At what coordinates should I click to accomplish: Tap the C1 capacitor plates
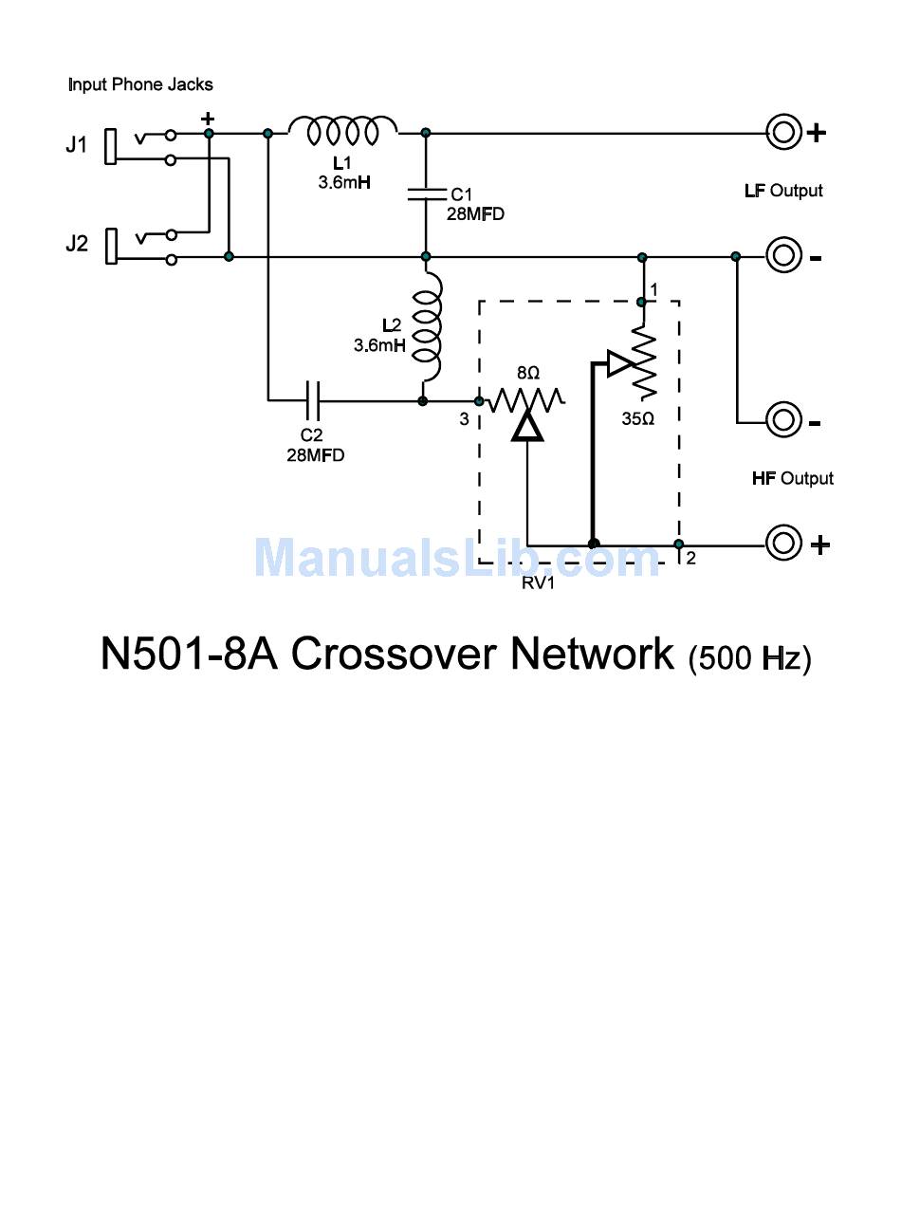point(426,194)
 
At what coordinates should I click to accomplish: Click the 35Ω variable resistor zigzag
point(643,361)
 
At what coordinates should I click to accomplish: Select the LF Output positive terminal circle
point(783,133)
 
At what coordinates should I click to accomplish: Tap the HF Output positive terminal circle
point(783,544)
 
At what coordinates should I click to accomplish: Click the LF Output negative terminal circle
point(783,256)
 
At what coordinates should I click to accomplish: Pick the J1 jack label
point(76,145)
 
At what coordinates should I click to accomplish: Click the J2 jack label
point(76,243)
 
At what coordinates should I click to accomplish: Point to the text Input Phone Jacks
point(140,84)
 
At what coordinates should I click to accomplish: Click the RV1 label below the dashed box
point(538,583)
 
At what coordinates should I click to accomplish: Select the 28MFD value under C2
point(315,455)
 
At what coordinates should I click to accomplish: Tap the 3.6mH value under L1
point(344,182)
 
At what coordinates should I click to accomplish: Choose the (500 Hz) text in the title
point(749,658)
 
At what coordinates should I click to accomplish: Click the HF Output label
point(792,478)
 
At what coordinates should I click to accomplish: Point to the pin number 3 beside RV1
point(464,419)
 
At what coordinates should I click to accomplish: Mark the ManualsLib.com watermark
point(457,558)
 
